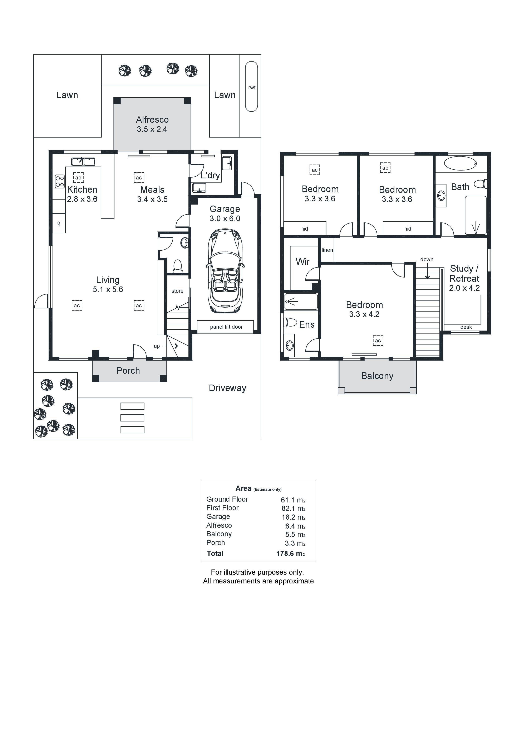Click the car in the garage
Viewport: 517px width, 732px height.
pyautogui.click(x=225, y=271)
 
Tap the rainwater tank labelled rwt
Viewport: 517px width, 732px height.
pyautogui.click(x=251, y=86)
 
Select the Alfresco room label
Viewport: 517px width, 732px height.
pyautogui.click(x=152, y=120)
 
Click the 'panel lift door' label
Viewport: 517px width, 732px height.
pyautogui.click(x=226, y=327)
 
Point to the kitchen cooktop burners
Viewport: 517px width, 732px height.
pyautogui.click(x=60, y=181)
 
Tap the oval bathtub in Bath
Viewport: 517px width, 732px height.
pyautogui.click(x=460, y=163)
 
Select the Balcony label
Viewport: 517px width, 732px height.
pyautogui.click(x=377, y=376)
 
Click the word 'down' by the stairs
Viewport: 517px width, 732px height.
pyautogui.click(x=427, y=260)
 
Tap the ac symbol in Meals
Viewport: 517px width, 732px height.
pyautogui.click(x=139, y=178)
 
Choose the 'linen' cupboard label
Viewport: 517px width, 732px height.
pyautogui.click(x=327, y=250)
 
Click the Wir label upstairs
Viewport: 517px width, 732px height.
pyautogui.click(x=303, y=262)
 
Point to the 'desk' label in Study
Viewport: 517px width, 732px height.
pyautogui.click(x=466, y=327)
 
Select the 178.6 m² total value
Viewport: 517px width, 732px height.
pyautogui.click(x=291, y=553)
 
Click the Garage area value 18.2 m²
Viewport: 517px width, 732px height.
pyautogui.click(x=293, y=517)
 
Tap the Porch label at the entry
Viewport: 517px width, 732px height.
pyautogui.click(x=128, y=370)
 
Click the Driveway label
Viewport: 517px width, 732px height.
pyautogui.click(x=227, y=388)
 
